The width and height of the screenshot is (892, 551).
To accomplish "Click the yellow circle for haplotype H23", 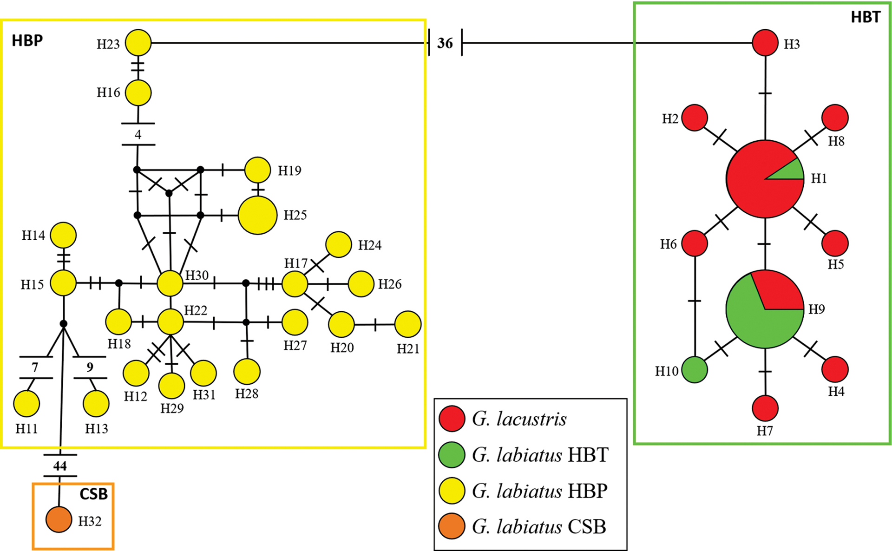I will pyautogui.click(x=138, y=43).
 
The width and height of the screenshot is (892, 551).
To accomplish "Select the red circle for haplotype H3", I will pyautogui.click(x=765, y=43).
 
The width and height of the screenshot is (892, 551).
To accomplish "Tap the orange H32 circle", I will pyautogui.click(x=59, y=519).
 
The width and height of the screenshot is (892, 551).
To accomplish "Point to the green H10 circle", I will pyautogui.click(x=695, y=370).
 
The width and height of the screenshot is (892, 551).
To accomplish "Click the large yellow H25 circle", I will pyautogui.click(x=257, y=215).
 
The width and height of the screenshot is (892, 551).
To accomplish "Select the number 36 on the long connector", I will pyautogui.click(x=445, y=43).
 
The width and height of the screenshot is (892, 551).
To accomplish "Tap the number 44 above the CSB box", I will pyautogui.click(x=60, y=466).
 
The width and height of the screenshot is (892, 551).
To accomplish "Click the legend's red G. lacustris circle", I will pyautogui.click(x=452, y=418).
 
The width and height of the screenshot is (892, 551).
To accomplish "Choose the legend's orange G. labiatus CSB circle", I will pyautogui.click(x=452, y=526).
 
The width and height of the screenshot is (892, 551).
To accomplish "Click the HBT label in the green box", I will pyautogui.click(x=865, y=17).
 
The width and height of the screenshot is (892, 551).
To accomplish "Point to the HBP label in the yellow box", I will pyautogui.click(x=27, y=41).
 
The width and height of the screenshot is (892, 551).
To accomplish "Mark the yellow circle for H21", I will pyautogui.click(x=408, y=324).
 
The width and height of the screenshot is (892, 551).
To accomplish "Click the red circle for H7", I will pyautogui.click(x=765, y=408).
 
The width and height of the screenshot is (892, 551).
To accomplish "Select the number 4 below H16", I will pyautogui.click(x=138, y=135).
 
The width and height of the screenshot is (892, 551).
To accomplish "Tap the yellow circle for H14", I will pyautogui.click(x=63, y=235).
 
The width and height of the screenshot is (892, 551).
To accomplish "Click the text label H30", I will pyautogui.click(x=197, y=275).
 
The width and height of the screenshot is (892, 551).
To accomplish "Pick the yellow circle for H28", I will pyautogui.click(x=247, y=372).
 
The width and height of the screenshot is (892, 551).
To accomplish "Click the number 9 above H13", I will pyautogui.click(x=90, y=367).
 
